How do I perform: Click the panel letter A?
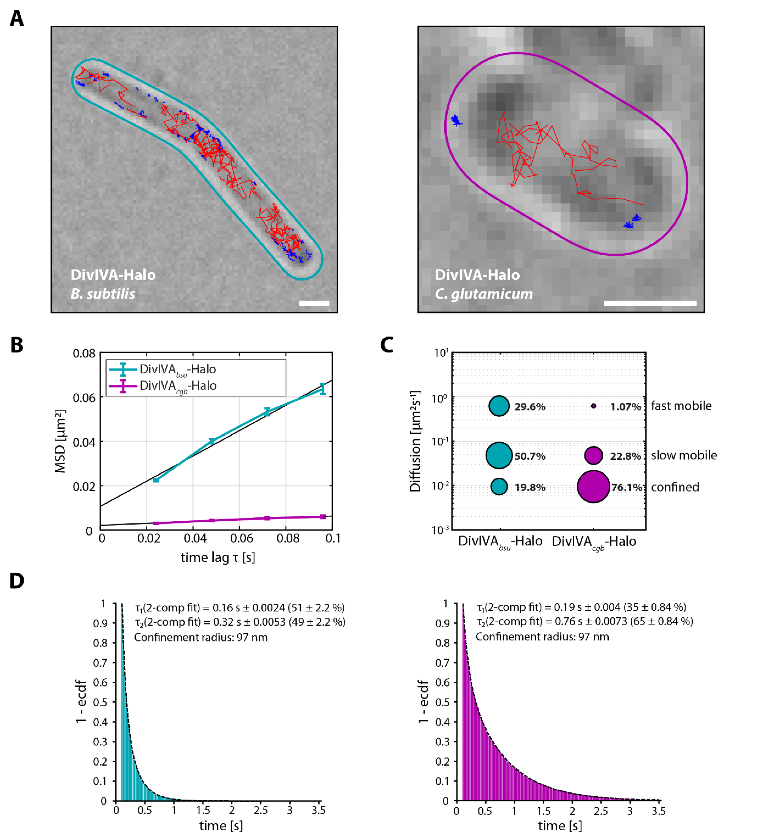[17, 19]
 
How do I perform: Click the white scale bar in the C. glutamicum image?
[650, 303]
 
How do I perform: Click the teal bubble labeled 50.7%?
[499, 455]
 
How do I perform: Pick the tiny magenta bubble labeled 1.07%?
[593, 406]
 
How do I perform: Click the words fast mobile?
[681, 406]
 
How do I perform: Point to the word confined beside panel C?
[675, 487]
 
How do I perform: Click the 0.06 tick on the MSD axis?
[84, 398]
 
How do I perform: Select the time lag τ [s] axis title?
[218, 557]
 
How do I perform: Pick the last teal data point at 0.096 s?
[323, 389]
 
